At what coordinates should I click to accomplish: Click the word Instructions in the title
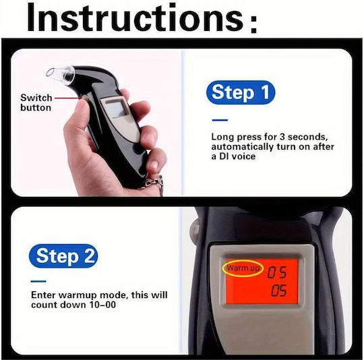[x=135, y=18]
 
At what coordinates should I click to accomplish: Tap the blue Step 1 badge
[x=240, y=92]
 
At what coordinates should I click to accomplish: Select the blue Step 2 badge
[x=63, y=256]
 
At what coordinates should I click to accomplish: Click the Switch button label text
[x=36, y=102]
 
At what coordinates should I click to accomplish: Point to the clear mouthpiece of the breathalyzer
[x=60, y=73]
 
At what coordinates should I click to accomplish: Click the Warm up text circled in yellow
[x=243, y=268]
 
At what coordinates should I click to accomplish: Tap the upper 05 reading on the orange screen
[x=277, y=272]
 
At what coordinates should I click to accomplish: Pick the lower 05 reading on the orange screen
[x=278, y=291]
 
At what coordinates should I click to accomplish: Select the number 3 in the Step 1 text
[x=282, y=137]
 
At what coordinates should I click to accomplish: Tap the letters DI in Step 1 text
[x=224, y=156]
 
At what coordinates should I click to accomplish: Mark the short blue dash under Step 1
[x=220, y=120]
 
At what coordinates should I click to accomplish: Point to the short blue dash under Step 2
[x=38, y=282]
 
